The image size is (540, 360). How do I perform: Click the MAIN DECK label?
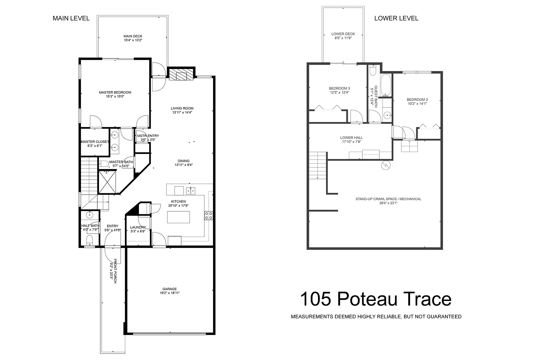[133, 36]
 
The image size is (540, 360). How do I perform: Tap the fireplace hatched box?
[181, 75]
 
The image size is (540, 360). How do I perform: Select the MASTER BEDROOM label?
[115, 92]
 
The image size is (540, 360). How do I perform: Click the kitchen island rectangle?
[178, 217]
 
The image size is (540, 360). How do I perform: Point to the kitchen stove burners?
[209, 216]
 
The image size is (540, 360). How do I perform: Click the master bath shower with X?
[107, 182]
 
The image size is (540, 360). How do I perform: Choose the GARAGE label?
[169, 289]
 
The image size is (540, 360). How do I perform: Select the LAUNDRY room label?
[138, 227]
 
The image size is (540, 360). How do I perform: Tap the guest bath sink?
[387, 115]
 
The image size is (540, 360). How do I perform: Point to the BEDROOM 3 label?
[339, 88]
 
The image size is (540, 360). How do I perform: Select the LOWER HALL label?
[351, 138]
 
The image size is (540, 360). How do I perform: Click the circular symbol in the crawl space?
[385, 165]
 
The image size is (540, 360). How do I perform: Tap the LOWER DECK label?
[343, 34]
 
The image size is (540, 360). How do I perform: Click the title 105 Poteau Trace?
[376, 299]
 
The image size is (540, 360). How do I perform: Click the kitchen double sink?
[190, 191]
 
